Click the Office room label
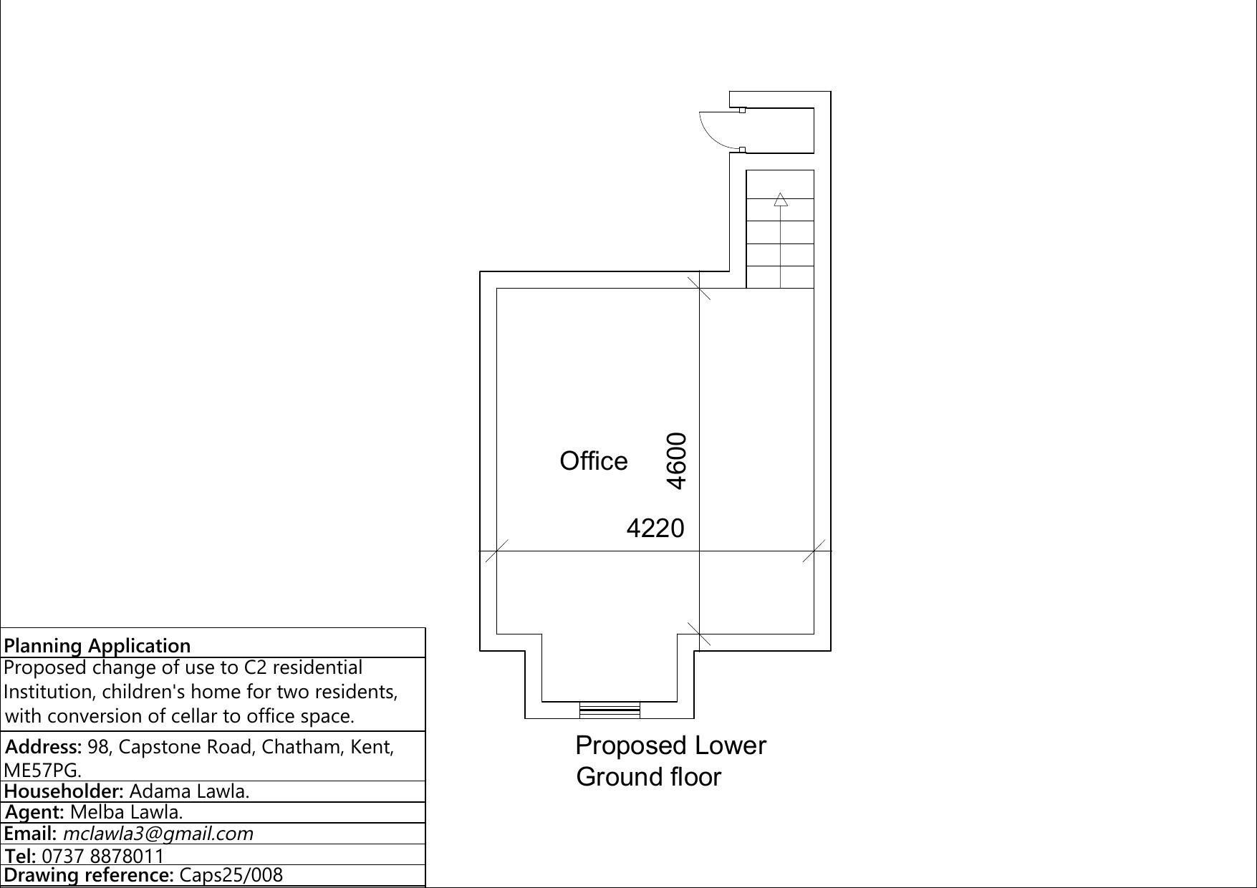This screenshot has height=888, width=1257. point(594,461)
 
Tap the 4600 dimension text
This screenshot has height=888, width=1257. point(677,460)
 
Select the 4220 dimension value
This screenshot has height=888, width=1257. point(655,529)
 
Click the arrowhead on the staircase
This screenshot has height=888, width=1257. point(781,200)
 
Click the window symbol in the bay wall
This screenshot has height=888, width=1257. point(610,710)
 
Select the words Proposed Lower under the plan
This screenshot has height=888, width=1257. point(670,745)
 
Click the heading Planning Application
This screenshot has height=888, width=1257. point(97,645)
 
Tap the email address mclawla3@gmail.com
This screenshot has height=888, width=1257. point(158,834)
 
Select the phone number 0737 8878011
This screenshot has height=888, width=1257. point(103,856)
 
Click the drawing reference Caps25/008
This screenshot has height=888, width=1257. point(231,875)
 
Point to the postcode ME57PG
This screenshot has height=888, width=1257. point(42,771)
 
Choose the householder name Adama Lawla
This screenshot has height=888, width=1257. point(189,791)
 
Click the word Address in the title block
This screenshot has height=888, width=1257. point(43,747)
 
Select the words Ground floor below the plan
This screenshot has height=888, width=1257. point(648,777)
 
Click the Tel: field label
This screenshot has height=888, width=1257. point(21,856)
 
